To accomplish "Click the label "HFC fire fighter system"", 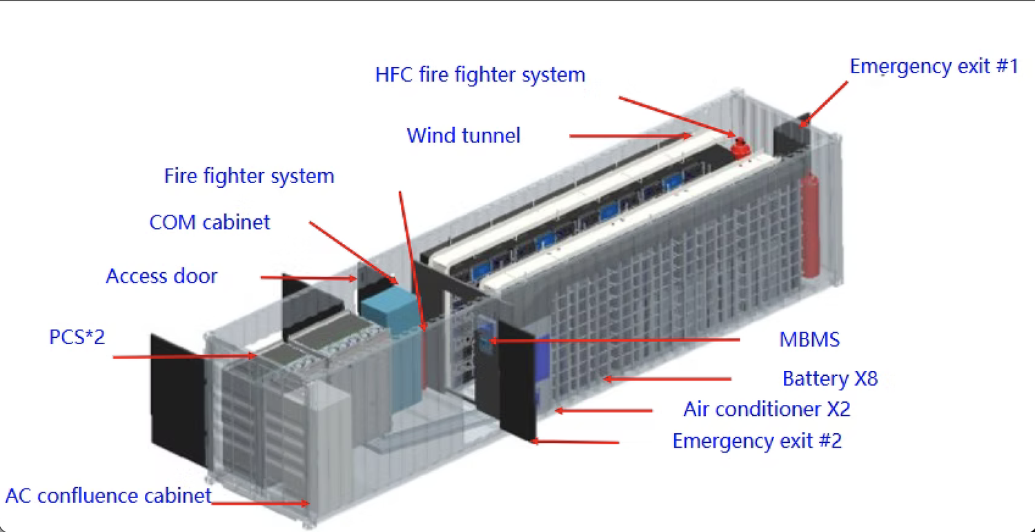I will (480, 75).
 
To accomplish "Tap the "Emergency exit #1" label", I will (934, 67).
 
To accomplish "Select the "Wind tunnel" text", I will (463, 135).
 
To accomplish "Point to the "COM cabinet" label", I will (210, 222).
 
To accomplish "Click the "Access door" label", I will (161, 276).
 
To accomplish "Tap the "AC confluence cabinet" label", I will (108, 495).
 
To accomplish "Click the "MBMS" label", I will (809, 339).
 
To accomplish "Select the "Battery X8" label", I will (829, 379).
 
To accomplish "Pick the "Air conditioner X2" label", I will (767, 409).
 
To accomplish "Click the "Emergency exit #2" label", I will (757, 441).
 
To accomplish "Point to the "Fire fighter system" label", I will (249, 176).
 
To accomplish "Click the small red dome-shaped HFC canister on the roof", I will (740, 147).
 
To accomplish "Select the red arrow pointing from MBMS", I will (614, 340).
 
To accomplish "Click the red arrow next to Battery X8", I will (666, 379).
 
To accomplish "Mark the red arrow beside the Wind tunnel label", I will (629, 136).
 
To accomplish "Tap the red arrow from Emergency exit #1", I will (825, 104).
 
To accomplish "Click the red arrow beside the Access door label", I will (308, 278).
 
